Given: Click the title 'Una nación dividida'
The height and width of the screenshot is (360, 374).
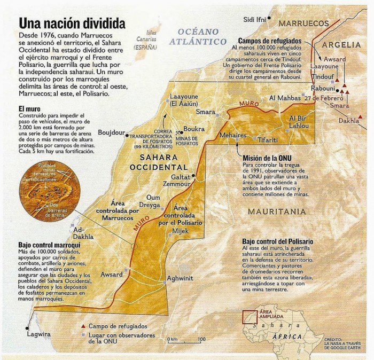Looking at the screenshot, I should click(73, 24).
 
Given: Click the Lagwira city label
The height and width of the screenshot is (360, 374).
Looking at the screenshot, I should click(38, 334).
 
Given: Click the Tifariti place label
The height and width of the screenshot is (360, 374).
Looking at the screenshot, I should click(268, 139).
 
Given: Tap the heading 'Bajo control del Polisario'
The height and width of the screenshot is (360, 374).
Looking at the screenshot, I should click(277, 241).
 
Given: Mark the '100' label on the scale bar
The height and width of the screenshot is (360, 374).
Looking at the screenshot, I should click(201, 339).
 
